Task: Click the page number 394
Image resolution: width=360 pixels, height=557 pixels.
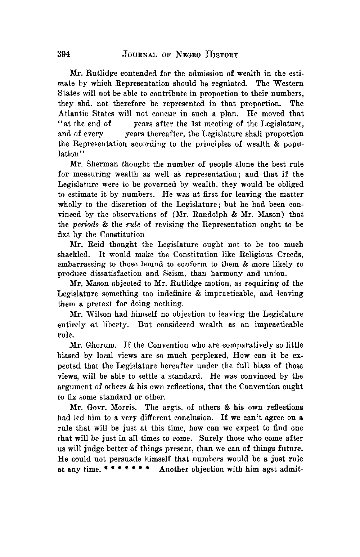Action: coord(63,54)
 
